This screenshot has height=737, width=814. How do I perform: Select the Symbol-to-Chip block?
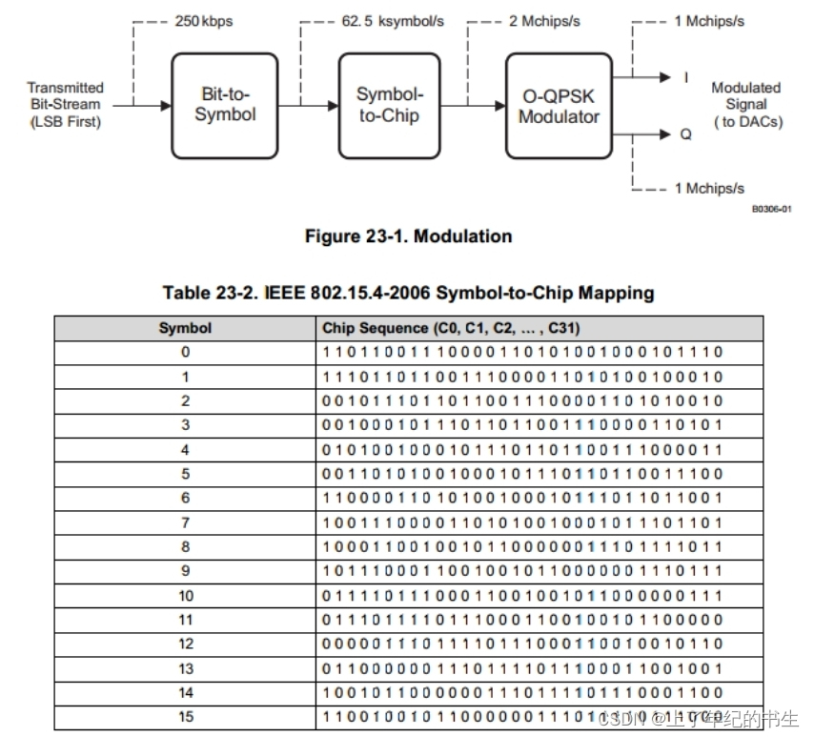pyautogui.click(x=389, y=105)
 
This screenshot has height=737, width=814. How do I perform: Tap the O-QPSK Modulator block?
pyautogui.click(x=559, y=105)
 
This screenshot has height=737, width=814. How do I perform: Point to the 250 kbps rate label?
pyautogui.click(x=202, y=20)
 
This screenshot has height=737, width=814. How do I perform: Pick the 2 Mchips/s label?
pyautogui.click(x=544, y=20)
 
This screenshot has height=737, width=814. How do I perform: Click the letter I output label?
pyautogui.click(x=686, y=77)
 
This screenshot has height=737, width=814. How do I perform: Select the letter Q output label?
pyautogui.click(x=685, y=134)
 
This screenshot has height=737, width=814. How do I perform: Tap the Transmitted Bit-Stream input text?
pyautogui.click(x=65, y=105)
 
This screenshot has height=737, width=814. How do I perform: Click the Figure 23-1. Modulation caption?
pyautogui.click(x=408, y=236)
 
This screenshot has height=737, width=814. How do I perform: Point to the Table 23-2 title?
pyautogui.click(x=408, y=293)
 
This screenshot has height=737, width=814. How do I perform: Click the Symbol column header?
pyautogui.click(x=185, y=328)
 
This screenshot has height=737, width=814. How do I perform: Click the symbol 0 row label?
pyautogui.click(x=185, y=352)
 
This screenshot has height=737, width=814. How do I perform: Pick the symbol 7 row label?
pyautogui.click(x=185, y=522)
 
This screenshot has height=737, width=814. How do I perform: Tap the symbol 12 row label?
pyautogui.click(x=185, y=645)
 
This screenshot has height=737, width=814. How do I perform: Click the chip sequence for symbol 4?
pyautogui.click(x=522, y=449)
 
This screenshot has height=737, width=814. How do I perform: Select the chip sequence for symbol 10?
pyautogui.click(x=522, y=596)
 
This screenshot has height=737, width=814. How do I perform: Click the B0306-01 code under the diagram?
pyautogui.click(x=771, y=210)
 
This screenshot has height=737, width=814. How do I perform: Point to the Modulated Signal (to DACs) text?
pyautogui.click(x=745, y=105)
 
